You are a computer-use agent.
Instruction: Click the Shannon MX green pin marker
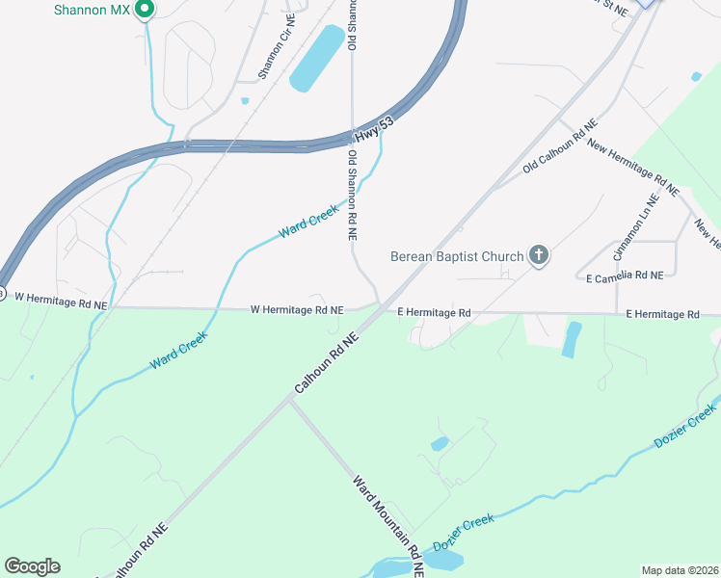[145, 10]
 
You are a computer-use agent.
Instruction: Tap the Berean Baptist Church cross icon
[539, 256]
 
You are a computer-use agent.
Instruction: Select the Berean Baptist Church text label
[457, 256]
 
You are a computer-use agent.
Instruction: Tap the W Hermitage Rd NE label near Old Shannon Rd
[297, 310]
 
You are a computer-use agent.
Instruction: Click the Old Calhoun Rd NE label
[560, 147]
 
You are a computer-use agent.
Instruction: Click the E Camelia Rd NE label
[625, 276]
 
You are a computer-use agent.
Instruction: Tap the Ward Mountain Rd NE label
[388, 525]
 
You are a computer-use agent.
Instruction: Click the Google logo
[32, 566]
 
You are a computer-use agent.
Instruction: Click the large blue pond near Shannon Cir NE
[316, 59]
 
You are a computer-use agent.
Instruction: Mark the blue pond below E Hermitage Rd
[572, 339]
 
